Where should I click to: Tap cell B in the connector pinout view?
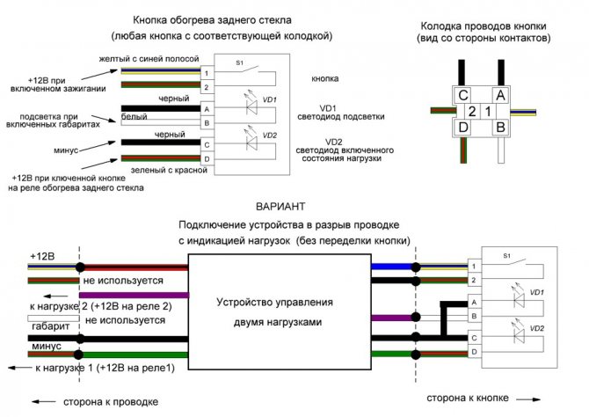(x=500, y=128)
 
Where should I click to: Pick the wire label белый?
(x=135, y=115)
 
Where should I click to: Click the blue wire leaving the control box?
(x=391, y=265)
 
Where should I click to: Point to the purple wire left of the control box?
(x=132, y=295)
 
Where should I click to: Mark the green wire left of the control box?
(x=132, y=355)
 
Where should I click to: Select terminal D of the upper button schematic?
(x=207, y=158)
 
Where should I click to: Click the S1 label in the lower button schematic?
(x=506, y=255)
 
